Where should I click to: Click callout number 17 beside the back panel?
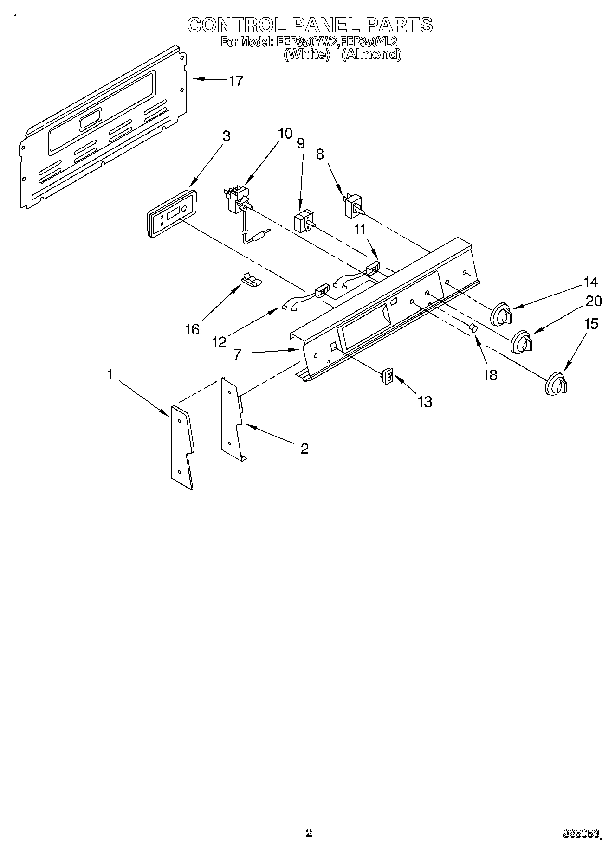point(236,81)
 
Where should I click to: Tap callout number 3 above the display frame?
point(226,136)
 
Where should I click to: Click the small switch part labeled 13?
point(387,376)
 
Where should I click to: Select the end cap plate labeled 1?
point(182,447)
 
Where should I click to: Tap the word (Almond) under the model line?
point(371,54)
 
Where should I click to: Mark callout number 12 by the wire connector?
point(219,342)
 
